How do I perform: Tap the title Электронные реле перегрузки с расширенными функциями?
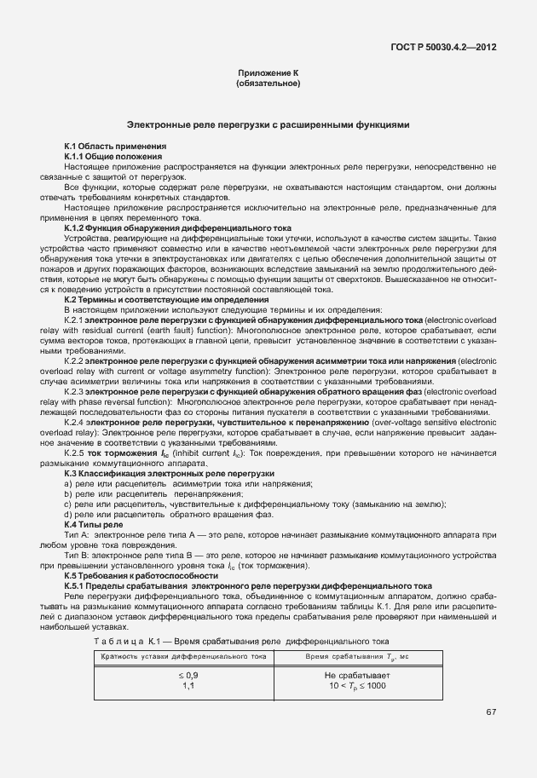pos(268,124)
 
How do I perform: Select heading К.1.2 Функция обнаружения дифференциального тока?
pos(177,228)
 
